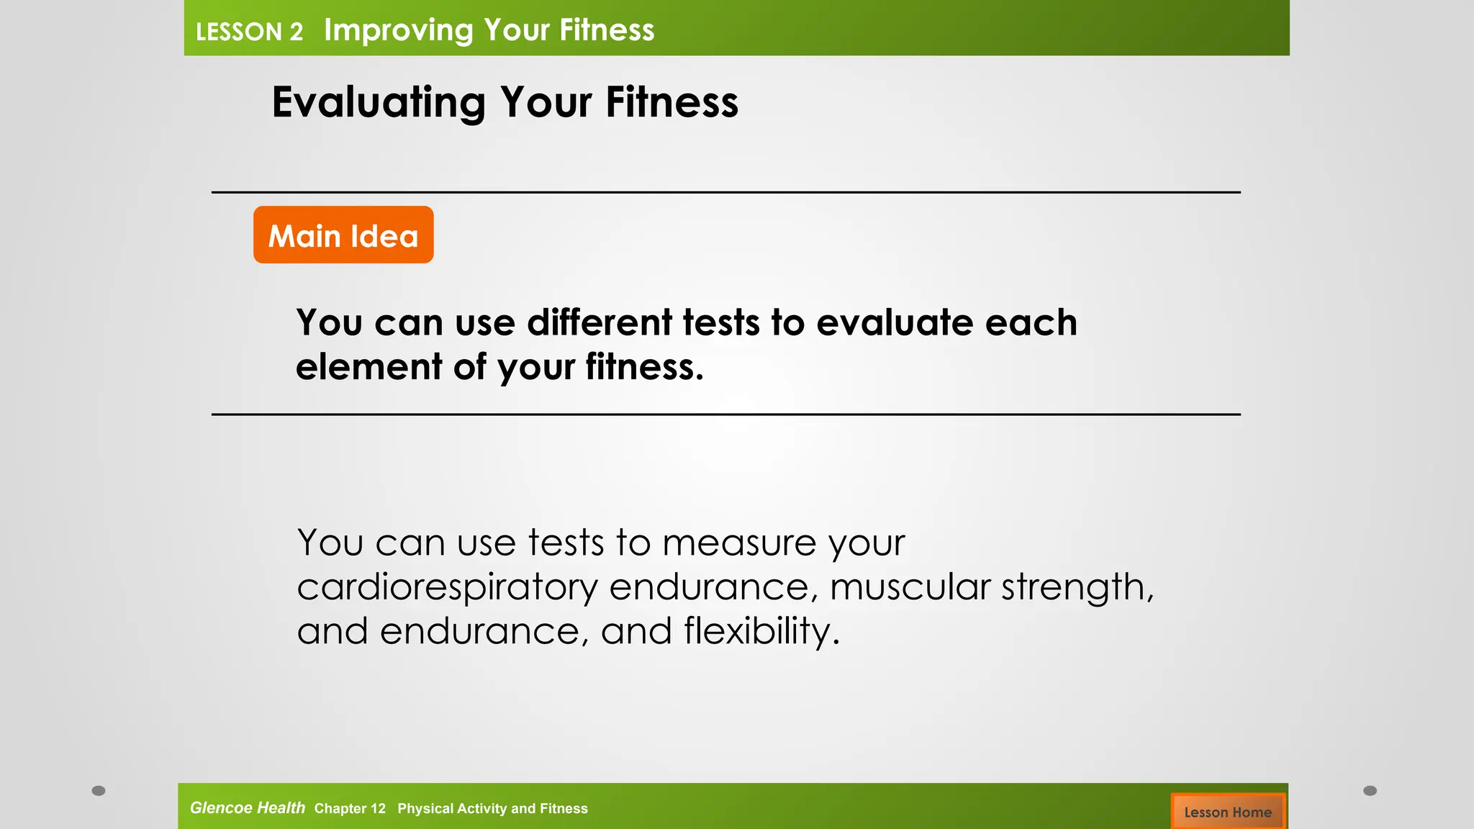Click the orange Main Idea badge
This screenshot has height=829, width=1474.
[343, 235]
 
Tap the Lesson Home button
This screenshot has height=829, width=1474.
[1227, 812]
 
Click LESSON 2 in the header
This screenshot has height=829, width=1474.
[249, 32]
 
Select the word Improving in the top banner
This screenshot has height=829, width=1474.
[399, 31]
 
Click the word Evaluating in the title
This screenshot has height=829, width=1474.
[379, 102]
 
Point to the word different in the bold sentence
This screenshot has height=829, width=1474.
[600, 322]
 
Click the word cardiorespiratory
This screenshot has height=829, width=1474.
[447, 587]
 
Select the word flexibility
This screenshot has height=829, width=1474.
[761, 631]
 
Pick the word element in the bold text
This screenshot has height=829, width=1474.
[368, 367]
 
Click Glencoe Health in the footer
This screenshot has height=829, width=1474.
[247, 808]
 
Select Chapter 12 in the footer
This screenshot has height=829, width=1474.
[350, 809]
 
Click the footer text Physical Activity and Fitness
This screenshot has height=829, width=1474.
[492, 809]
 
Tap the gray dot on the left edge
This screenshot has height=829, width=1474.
[99, 791]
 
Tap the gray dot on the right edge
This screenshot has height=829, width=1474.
[1370, 791]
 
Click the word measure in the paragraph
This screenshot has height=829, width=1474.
[738, 543]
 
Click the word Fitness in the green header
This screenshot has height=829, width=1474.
[607, 30]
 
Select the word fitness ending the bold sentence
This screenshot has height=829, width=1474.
[643, 367]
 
